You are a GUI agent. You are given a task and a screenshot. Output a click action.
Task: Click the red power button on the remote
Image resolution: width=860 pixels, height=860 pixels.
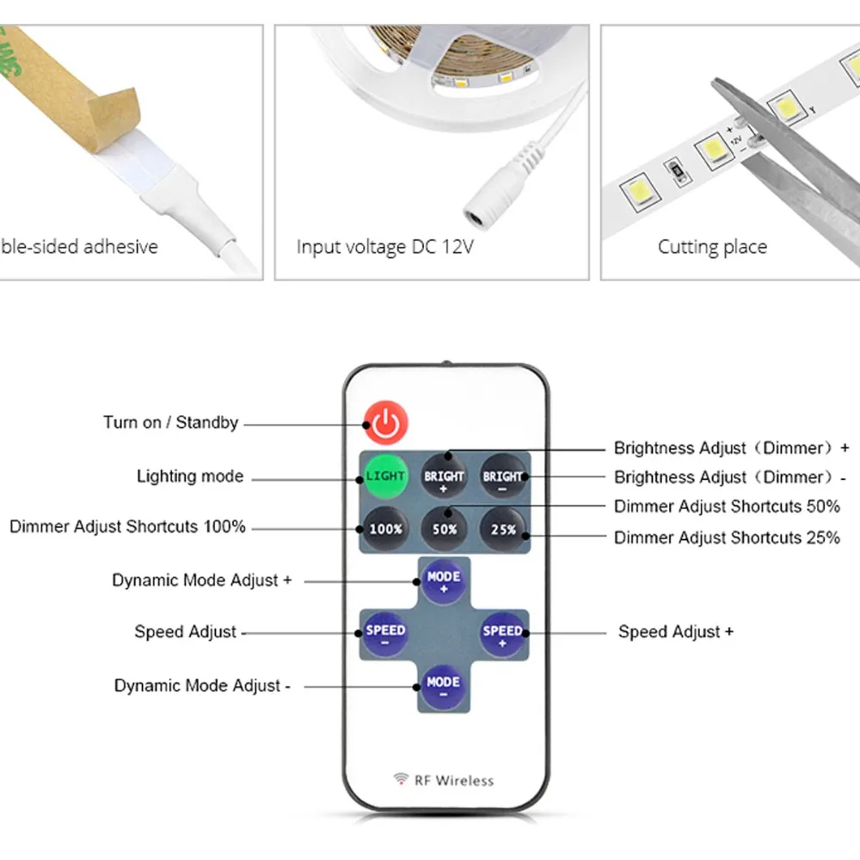coord(385,422)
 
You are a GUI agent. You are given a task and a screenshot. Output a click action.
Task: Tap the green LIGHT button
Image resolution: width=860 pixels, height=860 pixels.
coord(385,476)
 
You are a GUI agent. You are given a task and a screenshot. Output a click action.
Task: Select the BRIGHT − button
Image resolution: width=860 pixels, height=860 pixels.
coord(502,476)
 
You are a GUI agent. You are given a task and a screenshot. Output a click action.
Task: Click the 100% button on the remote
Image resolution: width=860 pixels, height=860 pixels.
coord(385,529)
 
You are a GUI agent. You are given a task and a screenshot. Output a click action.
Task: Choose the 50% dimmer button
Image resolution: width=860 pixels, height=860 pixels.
coord(445,529)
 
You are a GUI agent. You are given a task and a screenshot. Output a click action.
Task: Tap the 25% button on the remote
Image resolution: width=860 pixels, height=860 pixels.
coord(502,529)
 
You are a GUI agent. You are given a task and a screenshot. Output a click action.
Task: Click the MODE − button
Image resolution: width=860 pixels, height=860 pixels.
coord(443,687)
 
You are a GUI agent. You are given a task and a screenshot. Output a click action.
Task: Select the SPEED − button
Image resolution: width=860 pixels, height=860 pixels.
coord(385,635)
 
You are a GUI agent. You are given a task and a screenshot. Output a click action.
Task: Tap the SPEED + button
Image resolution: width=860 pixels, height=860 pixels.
coord(502,635)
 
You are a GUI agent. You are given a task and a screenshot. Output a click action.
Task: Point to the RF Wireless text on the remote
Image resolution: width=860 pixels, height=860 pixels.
coord(454,781)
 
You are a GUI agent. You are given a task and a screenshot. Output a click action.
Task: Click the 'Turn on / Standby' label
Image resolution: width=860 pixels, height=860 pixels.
coord(171,422)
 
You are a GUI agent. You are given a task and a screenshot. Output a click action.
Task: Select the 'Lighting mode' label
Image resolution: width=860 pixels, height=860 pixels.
coord(190,476)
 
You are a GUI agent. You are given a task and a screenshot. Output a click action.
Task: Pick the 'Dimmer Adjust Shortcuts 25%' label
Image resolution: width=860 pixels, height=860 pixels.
coord(727,537)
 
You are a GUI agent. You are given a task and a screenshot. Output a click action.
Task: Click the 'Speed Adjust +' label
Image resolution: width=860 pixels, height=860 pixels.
coord(676,632)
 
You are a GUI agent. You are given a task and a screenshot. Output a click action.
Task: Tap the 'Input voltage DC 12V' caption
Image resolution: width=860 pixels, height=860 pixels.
coord(384,247)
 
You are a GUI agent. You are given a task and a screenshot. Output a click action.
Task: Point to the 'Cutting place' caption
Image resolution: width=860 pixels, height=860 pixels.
coord(712,247)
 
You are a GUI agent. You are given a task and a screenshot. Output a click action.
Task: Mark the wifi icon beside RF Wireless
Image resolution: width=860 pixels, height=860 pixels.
coord(401,778)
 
